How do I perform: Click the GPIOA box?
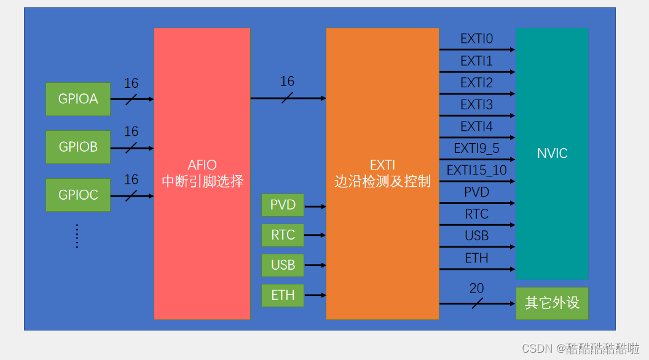pos(78,99)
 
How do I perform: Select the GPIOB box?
pos(78,147)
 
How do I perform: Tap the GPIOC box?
pos(78,195)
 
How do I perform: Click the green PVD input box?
pos(283,205)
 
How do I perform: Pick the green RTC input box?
pos(283,235)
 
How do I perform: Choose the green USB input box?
pos(283,265)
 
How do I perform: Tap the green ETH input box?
pos(283,295)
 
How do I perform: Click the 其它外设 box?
pos(552,303)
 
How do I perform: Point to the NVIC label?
pos(552,154)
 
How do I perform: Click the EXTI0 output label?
pos(476,39)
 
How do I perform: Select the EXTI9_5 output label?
pos(476,148)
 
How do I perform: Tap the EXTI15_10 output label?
pos(476,170)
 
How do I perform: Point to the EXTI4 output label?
pos(476,127)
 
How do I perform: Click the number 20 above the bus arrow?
pos(476,288)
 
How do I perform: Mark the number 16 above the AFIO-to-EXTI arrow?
pos(287,81)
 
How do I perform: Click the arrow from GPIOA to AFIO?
pos(132,99)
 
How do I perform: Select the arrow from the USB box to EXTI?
pos(315,265)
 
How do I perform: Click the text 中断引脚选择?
pos(202,182)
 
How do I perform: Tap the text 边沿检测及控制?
pos(382,182)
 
